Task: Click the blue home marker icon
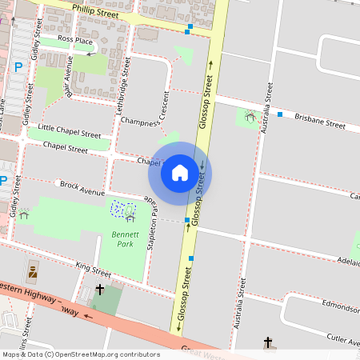pyautogui.click(x=180, y=172)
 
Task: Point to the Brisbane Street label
pyautogui.click(x=319, y=121)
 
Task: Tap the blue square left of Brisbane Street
pyautogui.click(x=280, y=114)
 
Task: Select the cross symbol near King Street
pyautogui.click(x=100, y=289)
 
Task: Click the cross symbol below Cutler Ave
pyautogui.click(x=268, y=342)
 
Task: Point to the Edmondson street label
pyautogui.click(x=338, y=306)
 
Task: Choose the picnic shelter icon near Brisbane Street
pyautogui.click(x=250, y=117)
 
